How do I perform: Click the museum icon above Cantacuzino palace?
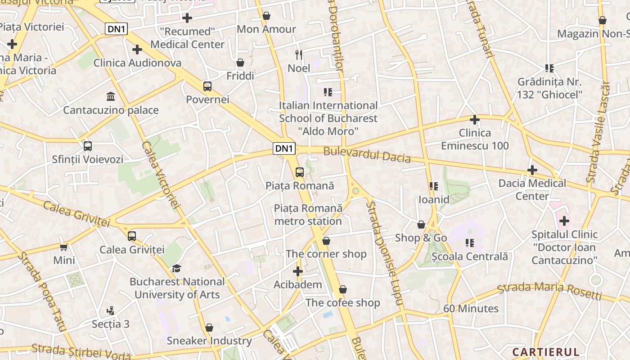[110, 96]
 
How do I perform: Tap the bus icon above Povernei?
[207, 86]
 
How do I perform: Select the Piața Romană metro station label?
[308, 215]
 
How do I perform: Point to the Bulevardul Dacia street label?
[367, 155]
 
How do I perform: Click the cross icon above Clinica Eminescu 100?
[474, 120]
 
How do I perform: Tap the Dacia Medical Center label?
[532, 189]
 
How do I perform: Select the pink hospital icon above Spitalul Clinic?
[564, 221]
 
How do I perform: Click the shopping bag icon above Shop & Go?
[421, 224]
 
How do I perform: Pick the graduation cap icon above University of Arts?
[176, 268]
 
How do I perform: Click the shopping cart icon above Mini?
[64, 247]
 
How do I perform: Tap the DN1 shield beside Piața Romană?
[284, 148]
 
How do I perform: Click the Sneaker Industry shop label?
[209, 341]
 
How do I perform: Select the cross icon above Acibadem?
[298, 271]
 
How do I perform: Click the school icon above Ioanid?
[434, 186]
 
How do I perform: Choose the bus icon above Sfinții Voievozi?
[88, 146]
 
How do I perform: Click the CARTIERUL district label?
[545, 352]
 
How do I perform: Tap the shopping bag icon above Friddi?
[240, 62]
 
